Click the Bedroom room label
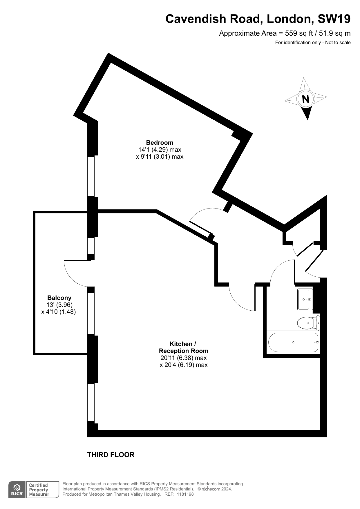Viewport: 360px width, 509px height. coord(160,143)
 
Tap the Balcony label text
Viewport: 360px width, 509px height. coord(59,298)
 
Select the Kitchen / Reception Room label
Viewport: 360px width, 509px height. coord(184,347)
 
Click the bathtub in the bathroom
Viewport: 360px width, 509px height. coord(294,342)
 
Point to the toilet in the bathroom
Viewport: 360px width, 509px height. coord(308,323)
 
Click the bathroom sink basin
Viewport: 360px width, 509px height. coord(305,299)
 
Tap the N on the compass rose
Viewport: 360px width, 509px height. coord(305,99)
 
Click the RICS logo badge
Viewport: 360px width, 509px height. coord(17,490)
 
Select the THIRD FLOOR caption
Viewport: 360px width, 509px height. coord(111,455)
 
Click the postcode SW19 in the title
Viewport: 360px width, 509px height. coord(334,19)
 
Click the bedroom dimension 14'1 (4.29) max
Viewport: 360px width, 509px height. coord(160,150)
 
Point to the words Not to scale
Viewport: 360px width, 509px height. coord(338,43)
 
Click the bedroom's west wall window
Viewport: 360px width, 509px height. coord(91,176)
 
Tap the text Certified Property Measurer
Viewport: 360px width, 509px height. coord(39,490)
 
